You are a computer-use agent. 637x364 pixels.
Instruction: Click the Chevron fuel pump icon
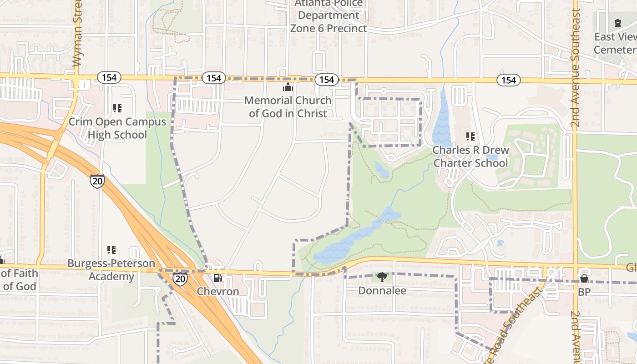click(218, 278)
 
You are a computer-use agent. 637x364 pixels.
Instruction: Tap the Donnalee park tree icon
click(382, 277)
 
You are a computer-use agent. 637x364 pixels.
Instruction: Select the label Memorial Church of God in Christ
click(288, 106)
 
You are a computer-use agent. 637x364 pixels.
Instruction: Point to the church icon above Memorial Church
click(288, 87)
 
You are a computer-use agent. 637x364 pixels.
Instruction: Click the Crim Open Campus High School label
click(117, 128)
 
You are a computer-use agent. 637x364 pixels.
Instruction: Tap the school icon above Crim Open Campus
click(117, 108)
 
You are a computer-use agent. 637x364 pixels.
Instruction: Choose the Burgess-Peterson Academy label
click(111, 270)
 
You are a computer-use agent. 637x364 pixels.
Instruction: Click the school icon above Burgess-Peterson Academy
click(111, 250)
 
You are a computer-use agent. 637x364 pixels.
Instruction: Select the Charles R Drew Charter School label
click(470, 156)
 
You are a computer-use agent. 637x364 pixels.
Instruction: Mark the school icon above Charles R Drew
click(470, 136)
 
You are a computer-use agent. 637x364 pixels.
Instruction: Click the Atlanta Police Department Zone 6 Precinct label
click(329, 16)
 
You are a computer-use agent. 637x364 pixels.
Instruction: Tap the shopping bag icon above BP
click(584, 278)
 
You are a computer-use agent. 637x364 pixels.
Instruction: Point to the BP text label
click(584, 292)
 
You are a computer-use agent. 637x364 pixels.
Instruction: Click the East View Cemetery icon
click(617, 23)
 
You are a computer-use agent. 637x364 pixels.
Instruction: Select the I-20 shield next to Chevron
click(180, 279)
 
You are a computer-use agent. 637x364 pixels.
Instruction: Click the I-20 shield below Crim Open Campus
click(97, 181)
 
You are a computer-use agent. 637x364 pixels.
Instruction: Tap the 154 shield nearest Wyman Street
click(109, 78)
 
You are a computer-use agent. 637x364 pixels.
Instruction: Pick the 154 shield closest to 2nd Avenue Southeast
click(508, 81)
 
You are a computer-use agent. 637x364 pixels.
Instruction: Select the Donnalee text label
click(382, 290)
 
